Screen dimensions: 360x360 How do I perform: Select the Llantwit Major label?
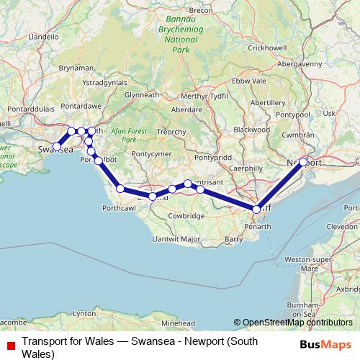pos(176,238)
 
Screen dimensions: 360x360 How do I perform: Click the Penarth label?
pos(257,226)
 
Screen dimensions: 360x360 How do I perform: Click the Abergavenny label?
pos(295,63)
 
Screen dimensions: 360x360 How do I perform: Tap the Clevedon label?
pos(342,225)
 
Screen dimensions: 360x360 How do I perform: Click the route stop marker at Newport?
pos(303,162)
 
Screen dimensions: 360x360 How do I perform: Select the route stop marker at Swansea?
pos(56,147)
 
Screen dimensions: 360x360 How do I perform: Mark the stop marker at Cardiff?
pos(256,209)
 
